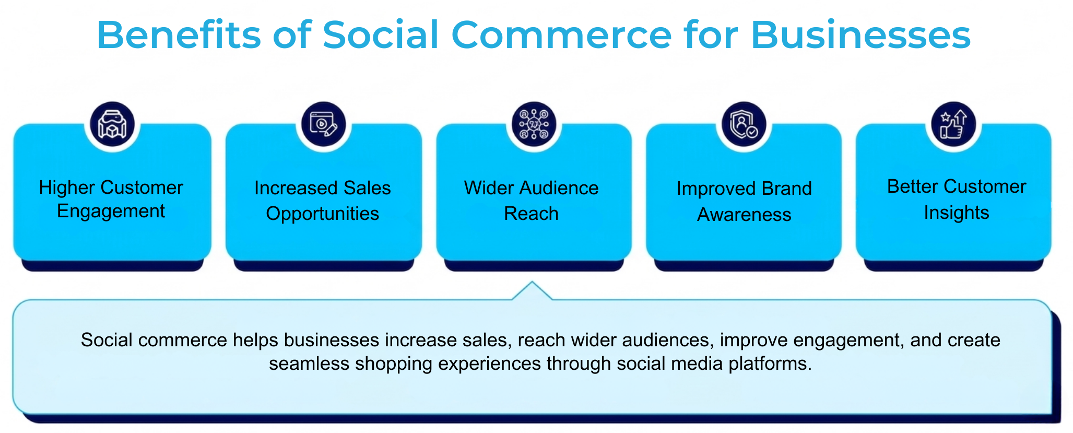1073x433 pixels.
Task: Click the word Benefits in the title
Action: tap(179, 35)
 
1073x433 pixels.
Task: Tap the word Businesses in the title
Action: tap(860, 35)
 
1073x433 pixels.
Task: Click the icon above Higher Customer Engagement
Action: tap(112, 124)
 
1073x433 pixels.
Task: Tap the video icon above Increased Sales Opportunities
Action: tap(324, 124)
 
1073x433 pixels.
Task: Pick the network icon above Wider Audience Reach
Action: tap(534, 124)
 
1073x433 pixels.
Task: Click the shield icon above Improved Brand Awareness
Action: tap(744, 124)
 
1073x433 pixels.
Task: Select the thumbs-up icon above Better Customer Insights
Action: tap(953, 124)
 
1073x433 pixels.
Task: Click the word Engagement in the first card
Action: tap(111, 212)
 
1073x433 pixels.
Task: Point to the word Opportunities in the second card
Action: tap(322, 214)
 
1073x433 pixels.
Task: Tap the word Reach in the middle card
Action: tap(531, 214)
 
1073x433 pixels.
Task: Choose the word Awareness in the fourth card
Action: tap(744, 215)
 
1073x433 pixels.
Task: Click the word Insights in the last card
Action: tap(956, 213)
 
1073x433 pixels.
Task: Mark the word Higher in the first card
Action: tap(67, 188)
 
